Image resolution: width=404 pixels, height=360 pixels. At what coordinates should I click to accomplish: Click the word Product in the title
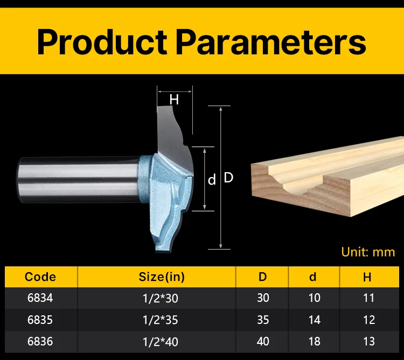coord(102,41)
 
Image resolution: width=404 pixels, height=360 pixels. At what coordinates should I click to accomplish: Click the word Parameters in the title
coord(271,41)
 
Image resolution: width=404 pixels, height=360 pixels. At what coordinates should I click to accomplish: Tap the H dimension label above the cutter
coord(174,100)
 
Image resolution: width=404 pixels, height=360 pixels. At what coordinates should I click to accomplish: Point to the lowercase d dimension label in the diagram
coord(212,180)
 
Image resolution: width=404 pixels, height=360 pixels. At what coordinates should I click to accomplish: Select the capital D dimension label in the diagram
coord(228,178)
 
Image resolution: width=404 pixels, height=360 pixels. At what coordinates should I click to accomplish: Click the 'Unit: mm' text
coord(368,252)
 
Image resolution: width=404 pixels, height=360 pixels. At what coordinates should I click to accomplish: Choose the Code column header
coord(40,277)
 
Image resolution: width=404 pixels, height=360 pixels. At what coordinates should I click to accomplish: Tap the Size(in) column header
coord(162,277)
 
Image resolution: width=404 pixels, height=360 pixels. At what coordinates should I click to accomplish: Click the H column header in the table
coord(367,277)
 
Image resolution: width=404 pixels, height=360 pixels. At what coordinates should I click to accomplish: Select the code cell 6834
coord(40,298)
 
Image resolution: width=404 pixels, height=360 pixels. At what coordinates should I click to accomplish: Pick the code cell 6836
coord(40,342)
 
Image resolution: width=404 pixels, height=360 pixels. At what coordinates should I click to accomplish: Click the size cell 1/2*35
coord(161,320)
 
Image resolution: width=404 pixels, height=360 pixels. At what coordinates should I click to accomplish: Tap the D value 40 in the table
coord(263,342)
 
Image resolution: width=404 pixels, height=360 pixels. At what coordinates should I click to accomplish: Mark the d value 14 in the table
coord(315,320)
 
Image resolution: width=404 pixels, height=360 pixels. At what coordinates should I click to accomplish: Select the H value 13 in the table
coord(368,342)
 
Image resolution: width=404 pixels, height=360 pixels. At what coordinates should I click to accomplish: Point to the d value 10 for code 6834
coord(315,298)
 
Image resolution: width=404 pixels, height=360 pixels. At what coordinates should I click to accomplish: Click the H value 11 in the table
coord(368,298)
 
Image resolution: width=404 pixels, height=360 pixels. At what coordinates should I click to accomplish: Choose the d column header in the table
coord(312,277)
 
